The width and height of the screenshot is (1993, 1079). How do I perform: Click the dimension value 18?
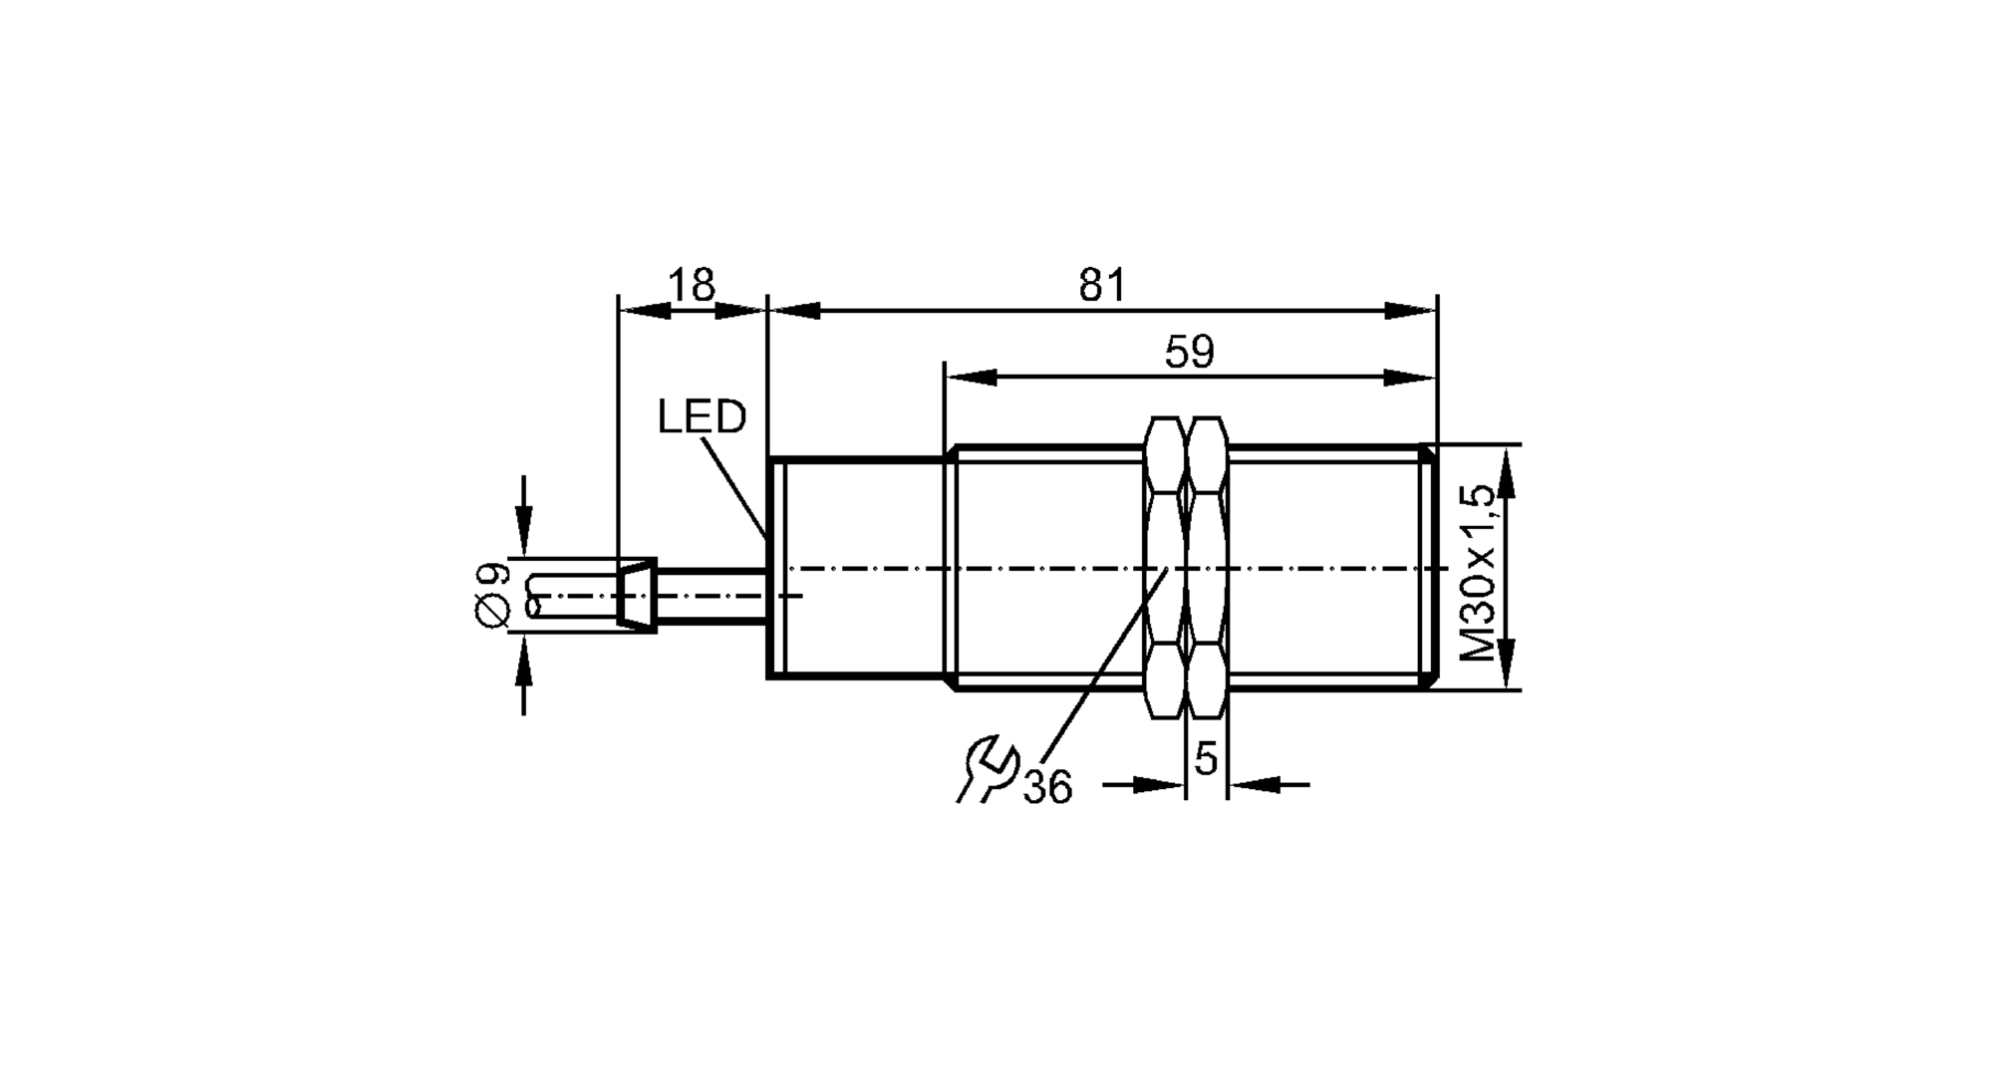click(x=691, y=285)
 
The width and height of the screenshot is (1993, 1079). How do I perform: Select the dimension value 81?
click(x=1101, y=285)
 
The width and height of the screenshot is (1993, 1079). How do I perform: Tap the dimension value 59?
click(x=1190, y=352)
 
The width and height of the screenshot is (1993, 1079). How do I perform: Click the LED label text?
click(x=702, y=417)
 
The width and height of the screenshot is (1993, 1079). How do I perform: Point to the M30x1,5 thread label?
click(x=1480, y=572)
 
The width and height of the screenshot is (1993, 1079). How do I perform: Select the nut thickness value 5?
click(x=1206, y=760)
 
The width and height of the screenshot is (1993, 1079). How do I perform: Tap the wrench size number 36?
click(x=1048, y=788)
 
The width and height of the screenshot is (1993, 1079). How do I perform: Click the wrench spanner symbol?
click(x=988, y=768)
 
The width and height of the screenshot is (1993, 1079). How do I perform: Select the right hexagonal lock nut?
click(x=1207, y=568)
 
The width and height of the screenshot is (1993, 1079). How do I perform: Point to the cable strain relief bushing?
click(x=636, y=595)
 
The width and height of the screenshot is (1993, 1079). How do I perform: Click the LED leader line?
click(x=733, y=489)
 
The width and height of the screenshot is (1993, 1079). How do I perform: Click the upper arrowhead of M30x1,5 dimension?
click(x=1506, y=472)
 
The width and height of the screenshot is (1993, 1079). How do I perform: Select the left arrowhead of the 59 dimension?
click(x=971, y=378)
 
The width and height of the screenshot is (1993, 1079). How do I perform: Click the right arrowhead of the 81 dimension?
click(x=1411, y=310)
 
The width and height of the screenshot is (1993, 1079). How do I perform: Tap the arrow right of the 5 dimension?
click(x=1255, y=785)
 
